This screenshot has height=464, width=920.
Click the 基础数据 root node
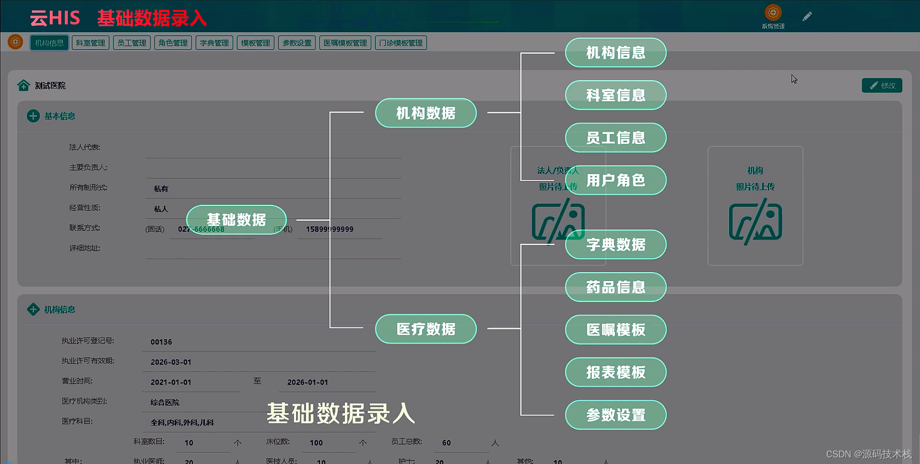tap(236, 219)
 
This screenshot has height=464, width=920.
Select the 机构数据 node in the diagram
tap(426, 113)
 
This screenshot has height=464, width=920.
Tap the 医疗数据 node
tap(426, 329)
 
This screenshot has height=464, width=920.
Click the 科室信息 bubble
tap(615, 95)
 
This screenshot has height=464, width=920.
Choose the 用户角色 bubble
tap(615, 180)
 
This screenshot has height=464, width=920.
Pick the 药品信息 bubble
tap(615, 287)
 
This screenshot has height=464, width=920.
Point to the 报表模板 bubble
tap(615, 372)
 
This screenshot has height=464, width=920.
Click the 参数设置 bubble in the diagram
tap(615, 415)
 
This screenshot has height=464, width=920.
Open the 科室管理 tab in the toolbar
tap(90, 43)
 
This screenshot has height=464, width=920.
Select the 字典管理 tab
tap(214, 43)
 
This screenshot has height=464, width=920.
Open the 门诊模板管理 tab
tap(401, 43)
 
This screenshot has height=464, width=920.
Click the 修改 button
tap(882, 85)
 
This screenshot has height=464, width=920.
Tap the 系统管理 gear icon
tap(773, 12)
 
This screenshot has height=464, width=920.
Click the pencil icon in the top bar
tap(807, 16)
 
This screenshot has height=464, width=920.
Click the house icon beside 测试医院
tap(23, 85)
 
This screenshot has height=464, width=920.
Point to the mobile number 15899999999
tap(329, 229)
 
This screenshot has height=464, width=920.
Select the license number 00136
tap(161, 342)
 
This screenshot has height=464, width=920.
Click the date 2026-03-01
tap(171, 362)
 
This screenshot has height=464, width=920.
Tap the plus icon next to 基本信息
tap(33, 116)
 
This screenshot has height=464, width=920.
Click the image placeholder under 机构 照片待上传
tap(755, 222)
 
